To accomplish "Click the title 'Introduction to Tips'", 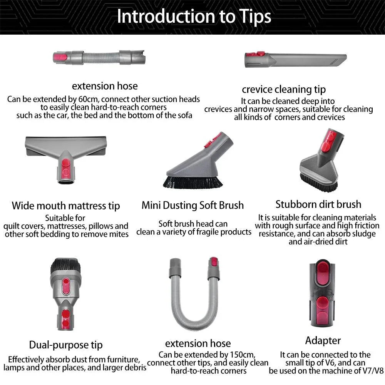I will click(194, 17).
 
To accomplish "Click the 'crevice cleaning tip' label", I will click(284, 90).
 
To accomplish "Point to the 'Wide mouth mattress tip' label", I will click(66, 206).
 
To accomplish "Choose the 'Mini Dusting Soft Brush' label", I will click(192, 205).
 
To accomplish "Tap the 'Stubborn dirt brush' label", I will click(318, 204).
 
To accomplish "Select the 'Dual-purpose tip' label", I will click(66, 345).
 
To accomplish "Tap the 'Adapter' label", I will click(323, 340).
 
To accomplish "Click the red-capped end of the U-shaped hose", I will click(213, 263).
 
